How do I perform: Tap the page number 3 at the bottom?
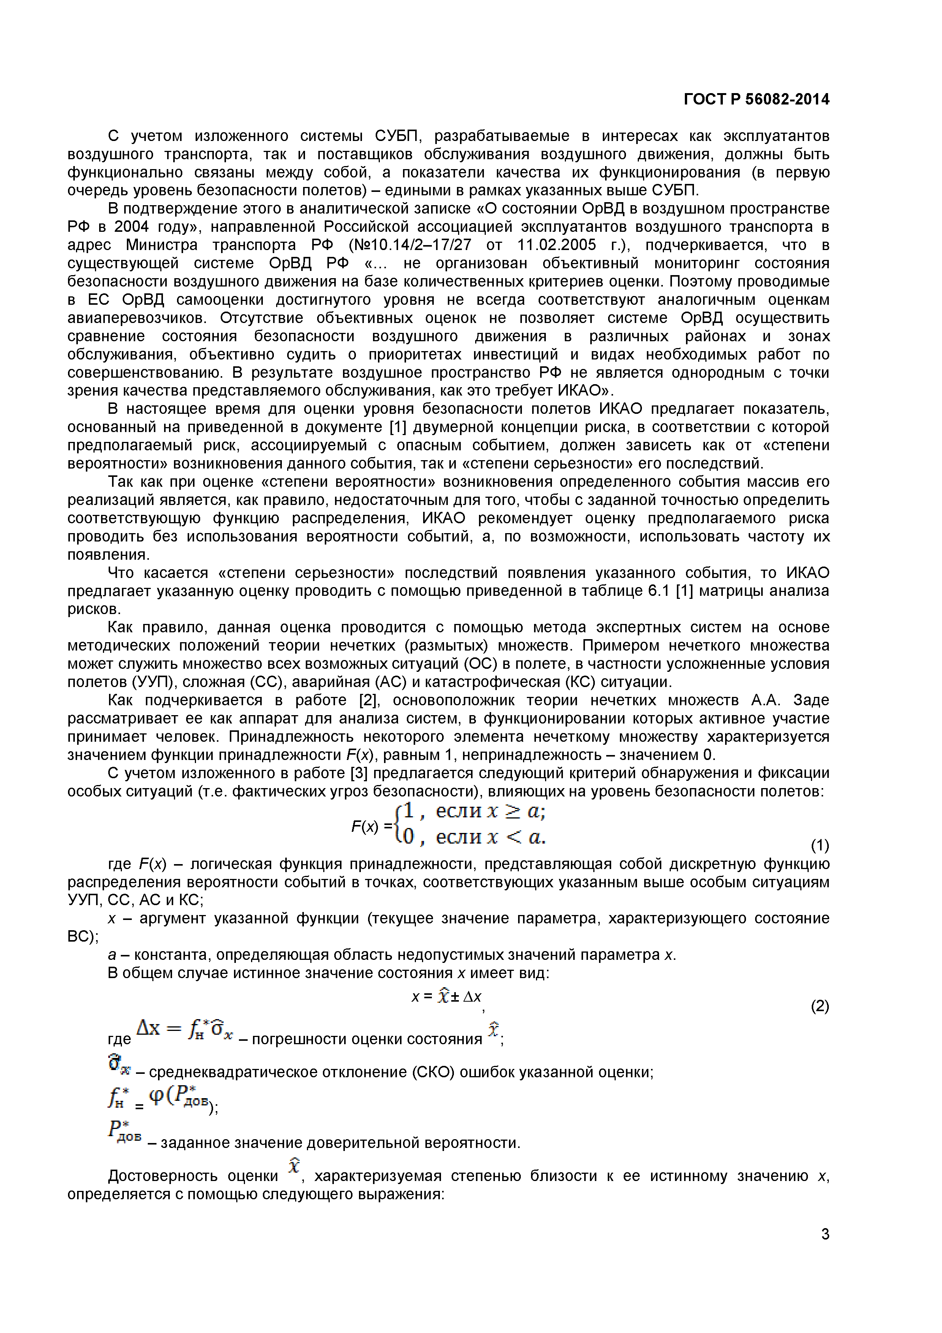tap(825, 1234)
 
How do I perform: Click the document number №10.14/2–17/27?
tap(410, 245)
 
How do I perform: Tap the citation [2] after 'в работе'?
tap(368, 700)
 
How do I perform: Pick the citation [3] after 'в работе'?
tap(356, 773)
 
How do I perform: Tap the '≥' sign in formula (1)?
tap(512, 811)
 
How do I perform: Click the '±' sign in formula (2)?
tap(454, 997)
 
